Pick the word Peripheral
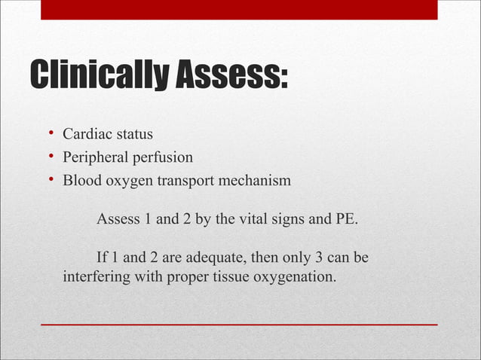coord(95,158)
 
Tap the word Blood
coord(80,182)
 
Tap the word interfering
coord(97,277)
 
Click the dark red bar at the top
coord(239,9)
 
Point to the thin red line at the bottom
coord(239,324)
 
